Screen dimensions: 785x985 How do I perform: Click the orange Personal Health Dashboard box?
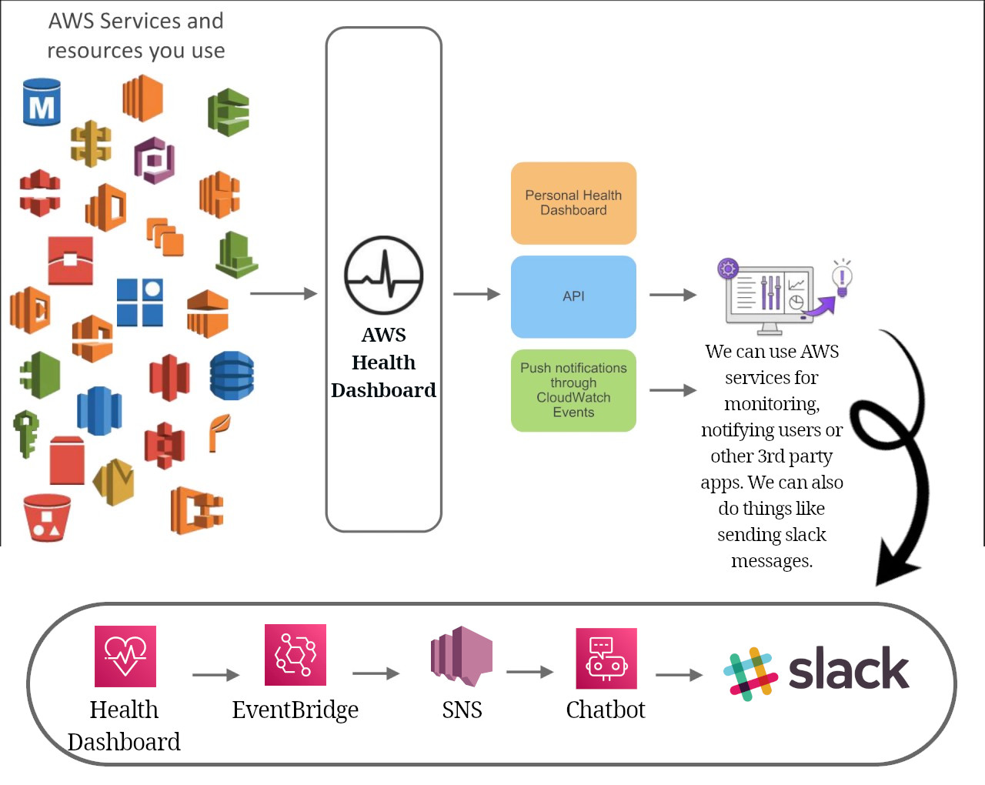pyautogui.click(x=573, y=203)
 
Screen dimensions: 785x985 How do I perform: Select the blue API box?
pyautogui.click(x=573, y=296)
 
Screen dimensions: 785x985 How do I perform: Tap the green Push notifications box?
pyautogui.click(x=573, y=390)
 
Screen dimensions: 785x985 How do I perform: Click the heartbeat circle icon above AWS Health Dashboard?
pyautogui.click(x=383, y=276)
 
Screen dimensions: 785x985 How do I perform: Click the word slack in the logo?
pyautogui.click(x=848, y=669)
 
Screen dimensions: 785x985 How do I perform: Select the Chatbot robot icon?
pyautogui.click(x=606, y=658)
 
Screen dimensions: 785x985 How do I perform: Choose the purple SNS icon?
pyautogui.click(x=461, y=656)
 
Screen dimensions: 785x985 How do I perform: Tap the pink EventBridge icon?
pyautogui.click(x=295, y=655)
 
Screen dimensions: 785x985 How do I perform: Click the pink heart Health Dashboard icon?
pyautogui.click(x=125, y=656)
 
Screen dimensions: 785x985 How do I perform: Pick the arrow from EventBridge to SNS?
pyautogui.click(x=376, y=673)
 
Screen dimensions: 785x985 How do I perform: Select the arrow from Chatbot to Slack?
pyautogui.click(x=679, y=675)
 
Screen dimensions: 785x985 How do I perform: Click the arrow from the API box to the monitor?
pyautogui.click(x=673, y=294)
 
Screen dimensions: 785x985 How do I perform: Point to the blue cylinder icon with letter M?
pyautogui.click(x=42, y=102)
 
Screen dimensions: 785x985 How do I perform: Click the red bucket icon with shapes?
pyautogui.click(x=47, y=517)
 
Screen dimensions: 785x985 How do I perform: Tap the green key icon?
pyautogui.click(x=26, y=433)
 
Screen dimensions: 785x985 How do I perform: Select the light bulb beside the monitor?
pyautogui.click(x=842, y=279)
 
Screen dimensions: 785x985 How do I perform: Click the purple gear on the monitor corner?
pyautogui.click(x=728, y=269)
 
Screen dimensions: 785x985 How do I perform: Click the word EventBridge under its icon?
pyautogui.click(x=295, y=710)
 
